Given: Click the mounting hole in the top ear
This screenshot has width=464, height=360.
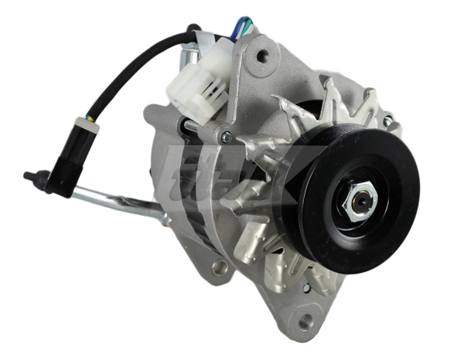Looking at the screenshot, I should coord(262,55).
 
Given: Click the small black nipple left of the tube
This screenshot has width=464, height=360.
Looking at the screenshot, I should coord(29,176).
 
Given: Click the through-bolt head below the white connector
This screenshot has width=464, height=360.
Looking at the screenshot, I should coord(226,138).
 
